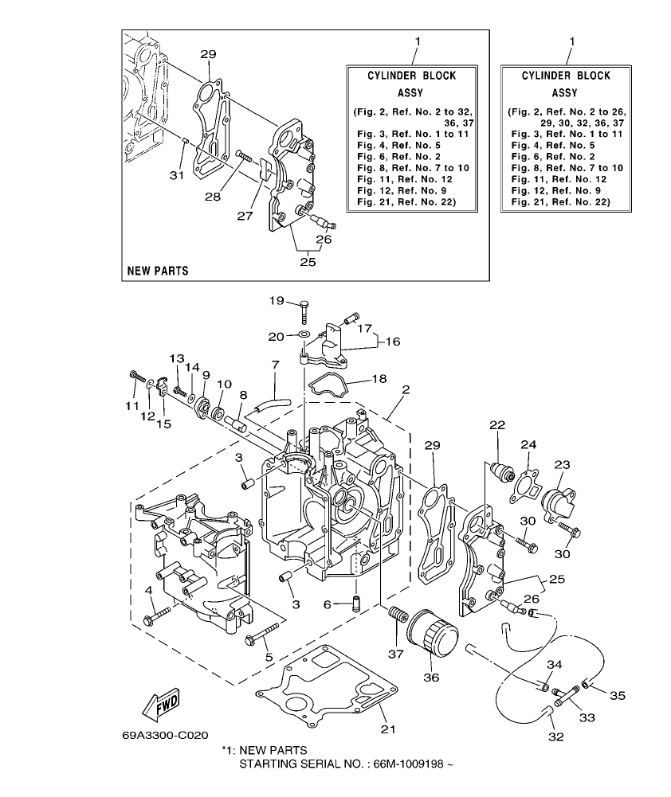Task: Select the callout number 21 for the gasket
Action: pyautogui.click(x=387, y=729)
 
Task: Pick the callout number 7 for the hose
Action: pyautogui.click(x=274, y=364)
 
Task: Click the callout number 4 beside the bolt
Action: pyautogui.click(x=148, y=589)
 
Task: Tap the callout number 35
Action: pyautogui.click(x=617, y=695)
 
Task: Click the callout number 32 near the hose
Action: pyautogui.click(x=556, y=736)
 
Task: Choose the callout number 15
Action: pyautogui.click(x=163, y=424)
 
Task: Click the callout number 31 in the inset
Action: pyautogui.click(x=177, y=174)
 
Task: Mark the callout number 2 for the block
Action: pyautogui.click(x=406, y=390)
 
